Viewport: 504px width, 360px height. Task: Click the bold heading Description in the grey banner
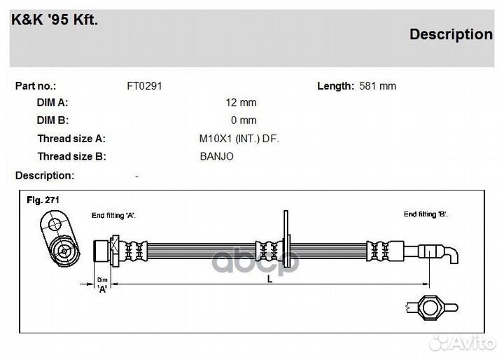pyautogui.click(x=450, y=34)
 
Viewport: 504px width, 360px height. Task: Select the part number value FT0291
pyautogui.click(x=144, y=86)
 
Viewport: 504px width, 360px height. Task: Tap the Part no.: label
pyautogui.click(x=35, y=86)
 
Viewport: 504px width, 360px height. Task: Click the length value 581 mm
pyautogui.click(x=377, y=86)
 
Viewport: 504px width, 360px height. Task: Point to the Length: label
pyautogui.click(x=335, y=86)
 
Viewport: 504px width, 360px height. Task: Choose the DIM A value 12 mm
pyautogui.click(x=241, y=102)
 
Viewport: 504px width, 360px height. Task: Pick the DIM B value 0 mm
pyautogui.click(x=244, y=120)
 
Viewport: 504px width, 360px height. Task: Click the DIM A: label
pyautogui.click(x=52, y=102)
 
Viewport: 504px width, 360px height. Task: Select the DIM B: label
pyautogui.click(x=52, y=120)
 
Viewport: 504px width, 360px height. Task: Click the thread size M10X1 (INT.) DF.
pyautogui.click(x=239, y=139)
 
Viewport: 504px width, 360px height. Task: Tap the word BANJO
pyautogui.click(x=216, y=156)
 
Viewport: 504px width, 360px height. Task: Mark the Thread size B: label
pyautogui.click(x=71, y=156)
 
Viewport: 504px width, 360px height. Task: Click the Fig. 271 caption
pyautogui.click(x=43, y=200)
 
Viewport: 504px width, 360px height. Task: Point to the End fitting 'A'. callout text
pyautogui.click(x=113, y=215)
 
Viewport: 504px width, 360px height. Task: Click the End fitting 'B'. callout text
pyautogui.click(x=426, y=214)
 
